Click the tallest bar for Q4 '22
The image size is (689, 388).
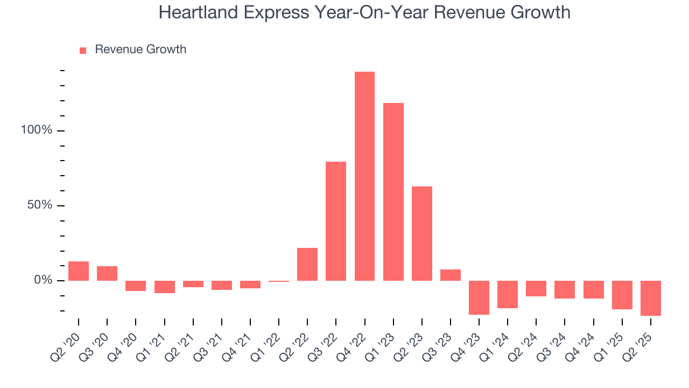[x=364, y=176]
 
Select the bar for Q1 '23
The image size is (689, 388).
[x=393, y=192]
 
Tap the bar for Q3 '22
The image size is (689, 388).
[x=336, y=221]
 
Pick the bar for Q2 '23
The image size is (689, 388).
[x=421, y=233]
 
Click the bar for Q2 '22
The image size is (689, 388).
[x=307, y=264]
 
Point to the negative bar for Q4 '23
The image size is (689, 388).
[x=479, y=297]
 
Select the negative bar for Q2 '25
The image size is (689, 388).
[x=651, y=298]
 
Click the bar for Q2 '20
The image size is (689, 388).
[x=79, y=271]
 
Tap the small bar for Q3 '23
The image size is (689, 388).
[x=451, y=275]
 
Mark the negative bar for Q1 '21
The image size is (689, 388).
[x=164, y=287]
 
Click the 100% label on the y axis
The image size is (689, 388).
[x=37, y=130]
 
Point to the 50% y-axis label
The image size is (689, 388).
[x=40, y=205]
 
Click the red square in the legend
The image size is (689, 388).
[x=83, y=50]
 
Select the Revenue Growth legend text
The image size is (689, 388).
[x=140, y=50]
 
